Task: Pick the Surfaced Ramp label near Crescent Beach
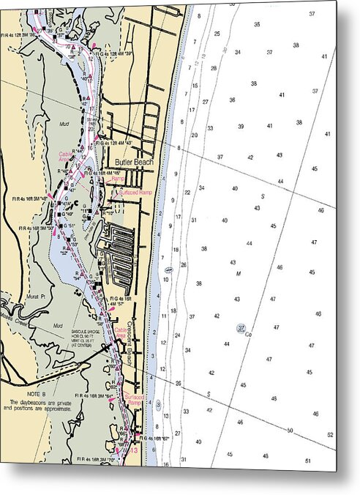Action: [135, 400]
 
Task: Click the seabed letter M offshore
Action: [239, 274]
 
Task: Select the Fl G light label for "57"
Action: [121, 301]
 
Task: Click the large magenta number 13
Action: [133, 451]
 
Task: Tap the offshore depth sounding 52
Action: [331, 435]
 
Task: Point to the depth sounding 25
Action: [217, 34]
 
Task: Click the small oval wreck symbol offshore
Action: [169, 269]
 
